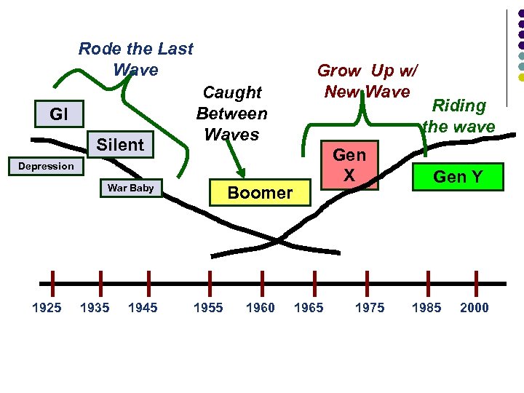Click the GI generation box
pyautogui.click(x=59, y=114)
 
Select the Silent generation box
pyautogui.click(x=120, y=145)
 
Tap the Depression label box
pyautogui.click(x=46, y=166)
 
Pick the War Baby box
pyautogui.click(x=130, y=188)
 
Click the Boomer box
pyautogui.click(x=260, y=193)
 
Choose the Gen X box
pyautogui.click(x=349, y=165)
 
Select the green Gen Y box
pyautogui.click(x=458, y=175)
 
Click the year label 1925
pyautogui.click(x=47, y=308)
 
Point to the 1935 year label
pyautogui.click(x=95, y=308)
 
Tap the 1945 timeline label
pyautogui.click(x=143, y=308)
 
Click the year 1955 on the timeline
pyautogui.click(x=208, y=308)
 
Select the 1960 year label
pyautogui.click(x=260, y=308)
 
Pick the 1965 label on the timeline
pyautogui.click(x=309, y=308)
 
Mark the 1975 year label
pyautogui.click(x=370, y=308)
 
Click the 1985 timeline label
pyautogui.click(x=426, y=308)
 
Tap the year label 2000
pyautogui.click(x=475, y=308)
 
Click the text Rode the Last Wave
pyautogui.click(x=135, y=59)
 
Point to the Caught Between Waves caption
pyautogui.click(x=232, y=114)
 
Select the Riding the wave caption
pyautogui.click(x=458, y=116)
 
